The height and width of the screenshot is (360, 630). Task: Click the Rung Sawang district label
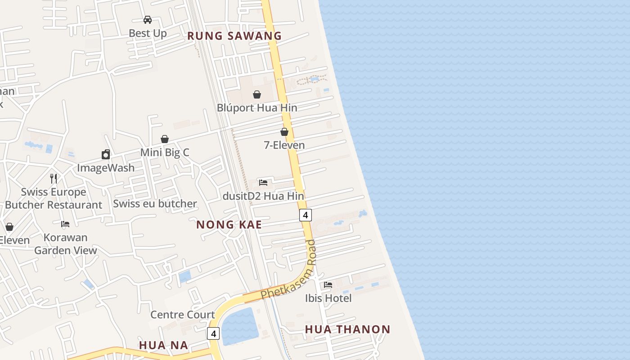click(x=234, y=36)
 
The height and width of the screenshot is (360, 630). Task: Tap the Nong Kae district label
click(x=229, y=225)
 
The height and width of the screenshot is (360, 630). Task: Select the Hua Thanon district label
click(x=347, y=329)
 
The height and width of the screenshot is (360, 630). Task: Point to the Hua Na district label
click(x=163, y=345)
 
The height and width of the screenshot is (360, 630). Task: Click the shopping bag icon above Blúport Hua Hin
click(x=257, y=94)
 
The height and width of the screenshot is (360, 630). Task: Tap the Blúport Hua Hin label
click(x=257, y=108)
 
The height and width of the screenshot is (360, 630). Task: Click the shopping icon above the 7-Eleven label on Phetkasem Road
click(x=284, y=132)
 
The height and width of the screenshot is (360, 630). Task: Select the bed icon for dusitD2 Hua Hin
click(x=263, y=182)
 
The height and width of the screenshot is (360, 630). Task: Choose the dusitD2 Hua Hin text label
click(x=263, y=196)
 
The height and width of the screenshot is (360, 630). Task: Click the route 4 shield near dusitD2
click(x=306, y=215)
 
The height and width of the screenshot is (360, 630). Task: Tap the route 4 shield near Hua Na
click(x=213, y=333)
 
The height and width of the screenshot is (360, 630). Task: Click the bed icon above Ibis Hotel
click(x=328, y=285)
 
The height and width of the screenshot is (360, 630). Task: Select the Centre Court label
click(x=182, y=315)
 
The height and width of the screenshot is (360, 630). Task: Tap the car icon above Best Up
click(x=148, y=20)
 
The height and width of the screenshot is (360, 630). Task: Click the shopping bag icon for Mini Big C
click(x=165, y=139)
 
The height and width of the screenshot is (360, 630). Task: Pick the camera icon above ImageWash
click(x=106, y=154)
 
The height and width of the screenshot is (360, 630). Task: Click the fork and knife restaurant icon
click(x=54, y=178)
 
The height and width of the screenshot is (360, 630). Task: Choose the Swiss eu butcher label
click(x=155, y=204)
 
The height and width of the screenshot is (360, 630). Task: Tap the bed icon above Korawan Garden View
click(x=65, y=224)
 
